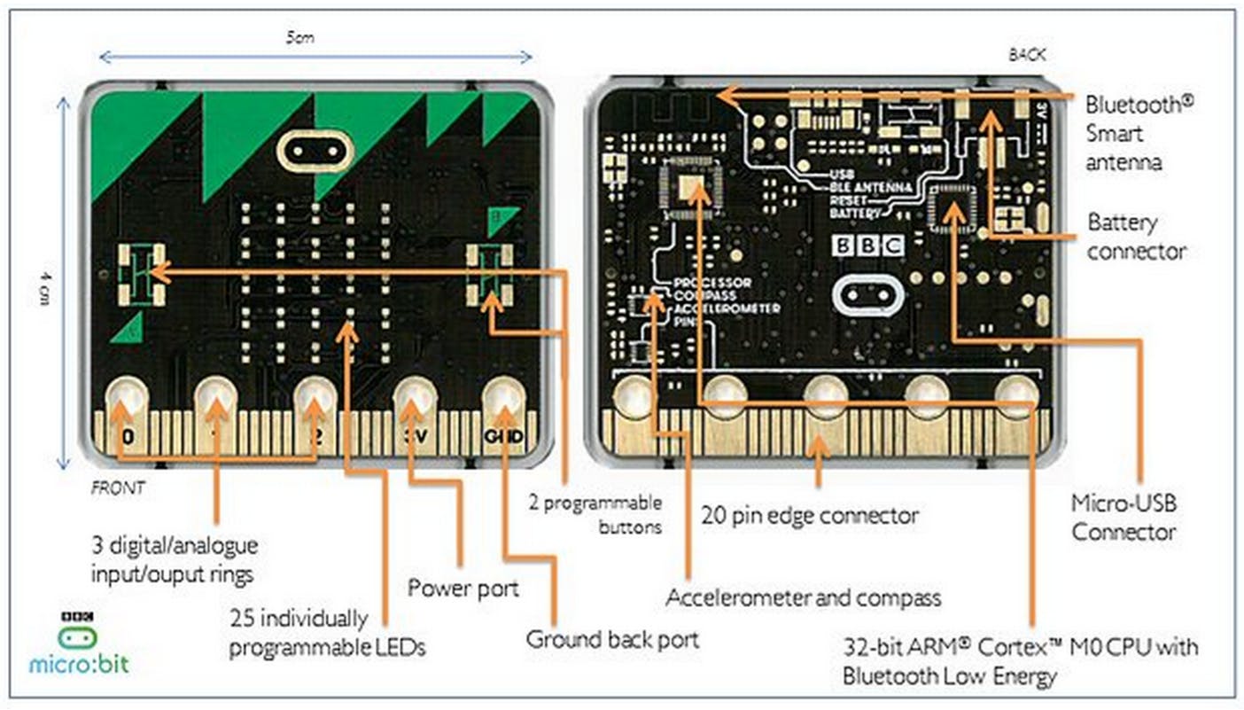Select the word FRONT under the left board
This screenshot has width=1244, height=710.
tap(118, 487)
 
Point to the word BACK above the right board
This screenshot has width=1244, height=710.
tap(1027, 55)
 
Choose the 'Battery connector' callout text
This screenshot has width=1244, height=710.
tap(1136, 237)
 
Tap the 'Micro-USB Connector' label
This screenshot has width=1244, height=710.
tap(1123, 518)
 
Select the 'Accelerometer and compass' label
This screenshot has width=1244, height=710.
tap(803, 597)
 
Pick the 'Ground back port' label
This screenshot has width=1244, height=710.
tap(612, 638)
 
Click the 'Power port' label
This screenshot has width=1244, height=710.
tap(463, 588)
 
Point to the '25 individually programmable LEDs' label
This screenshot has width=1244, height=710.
tap(326, 632)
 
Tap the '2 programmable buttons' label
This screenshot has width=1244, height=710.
tap(595, 514)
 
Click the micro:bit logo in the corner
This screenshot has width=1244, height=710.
tap(78, 643)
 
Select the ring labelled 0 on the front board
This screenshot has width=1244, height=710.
tap(128, 399)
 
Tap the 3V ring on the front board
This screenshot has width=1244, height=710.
tap(412, 399)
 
